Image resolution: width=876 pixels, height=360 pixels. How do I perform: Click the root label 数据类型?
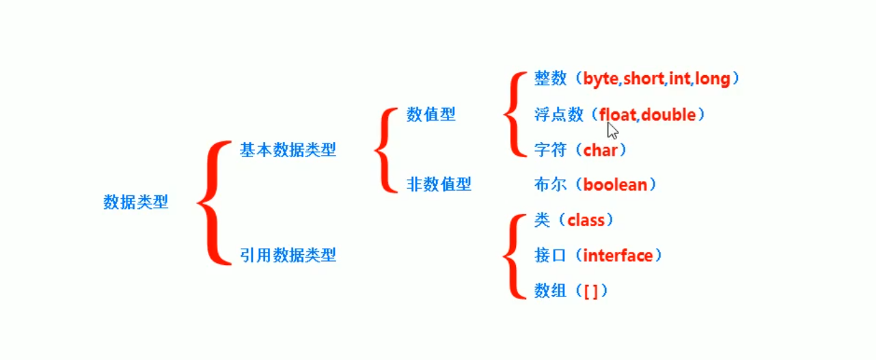pos(135,202)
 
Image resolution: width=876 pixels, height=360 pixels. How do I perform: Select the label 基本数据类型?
pos(288,150)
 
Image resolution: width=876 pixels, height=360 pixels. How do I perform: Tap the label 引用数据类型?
pos(288,255)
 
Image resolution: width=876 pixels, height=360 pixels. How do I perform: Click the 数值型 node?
pos(430,114)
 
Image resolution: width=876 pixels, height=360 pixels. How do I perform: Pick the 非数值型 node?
pos(439,184)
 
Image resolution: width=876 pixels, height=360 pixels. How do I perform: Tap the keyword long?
pos(712,79)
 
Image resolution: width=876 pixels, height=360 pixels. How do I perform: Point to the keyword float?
pos(618,115)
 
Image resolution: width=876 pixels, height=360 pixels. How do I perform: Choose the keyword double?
pos(668,115)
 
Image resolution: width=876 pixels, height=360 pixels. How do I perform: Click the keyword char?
pos(600,150)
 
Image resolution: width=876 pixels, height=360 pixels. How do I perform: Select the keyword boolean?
pos(615,184)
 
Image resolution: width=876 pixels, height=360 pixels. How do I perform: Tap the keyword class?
pos(586,220)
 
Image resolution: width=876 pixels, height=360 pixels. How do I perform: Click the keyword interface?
pos(618,255)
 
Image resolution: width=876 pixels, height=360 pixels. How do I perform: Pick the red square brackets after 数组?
pos(591,291)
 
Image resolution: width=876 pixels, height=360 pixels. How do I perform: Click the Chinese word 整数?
pos(551,79)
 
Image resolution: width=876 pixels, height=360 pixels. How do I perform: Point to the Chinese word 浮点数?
pos(559,115)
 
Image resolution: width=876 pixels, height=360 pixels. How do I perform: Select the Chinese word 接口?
pos(551,255)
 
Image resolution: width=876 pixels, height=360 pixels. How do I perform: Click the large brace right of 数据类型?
pos(213,202)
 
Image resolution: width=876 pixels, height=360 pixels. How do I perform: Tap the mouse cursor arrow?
pos(612,130)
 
